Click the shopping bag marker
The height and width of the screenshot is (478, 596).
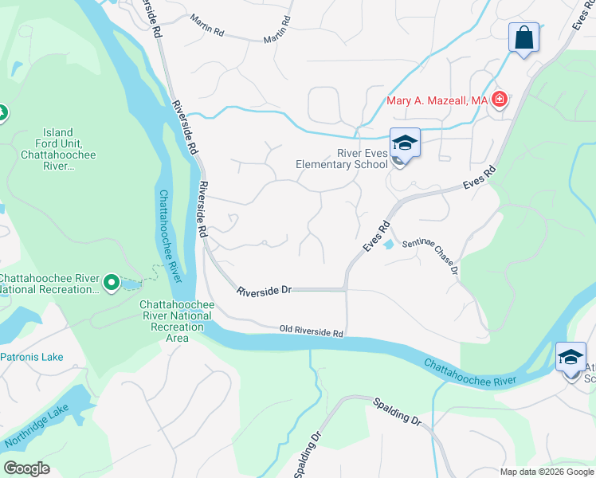[x=523, y=37]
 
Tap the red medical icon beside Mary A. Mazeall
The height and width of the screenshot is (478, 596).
[x=500, y=100]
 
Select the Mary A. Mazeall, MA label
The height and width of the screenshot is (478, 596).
[x=437, y=100]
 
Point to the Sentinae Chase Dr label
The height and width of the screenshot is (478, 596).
[x=429, y=258]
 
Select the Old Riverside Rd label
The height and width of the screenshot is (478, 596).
[x=311, y=331]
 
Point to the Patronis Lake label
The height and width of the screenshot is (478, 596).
[x=32, y=357]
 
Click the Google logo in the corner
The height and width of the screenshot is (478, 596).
[x=26, y=468]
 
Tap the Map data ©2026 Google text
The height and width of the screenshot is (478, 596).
[x=546, y=472]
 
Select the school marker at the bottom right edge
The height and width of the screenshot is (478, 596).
[x=571, y=358]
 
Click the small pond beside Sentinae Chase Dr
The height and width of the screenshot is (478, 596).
[x=388, y=245]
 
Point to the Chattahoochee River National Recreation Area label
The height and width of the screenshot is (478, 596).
[x=175, y=321]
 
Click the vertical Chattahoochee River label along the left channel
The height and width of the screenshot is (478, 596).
[x=170, y=236]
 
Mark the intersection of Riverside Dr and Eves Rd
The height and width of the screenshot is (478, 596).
[x=346, y=290]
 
